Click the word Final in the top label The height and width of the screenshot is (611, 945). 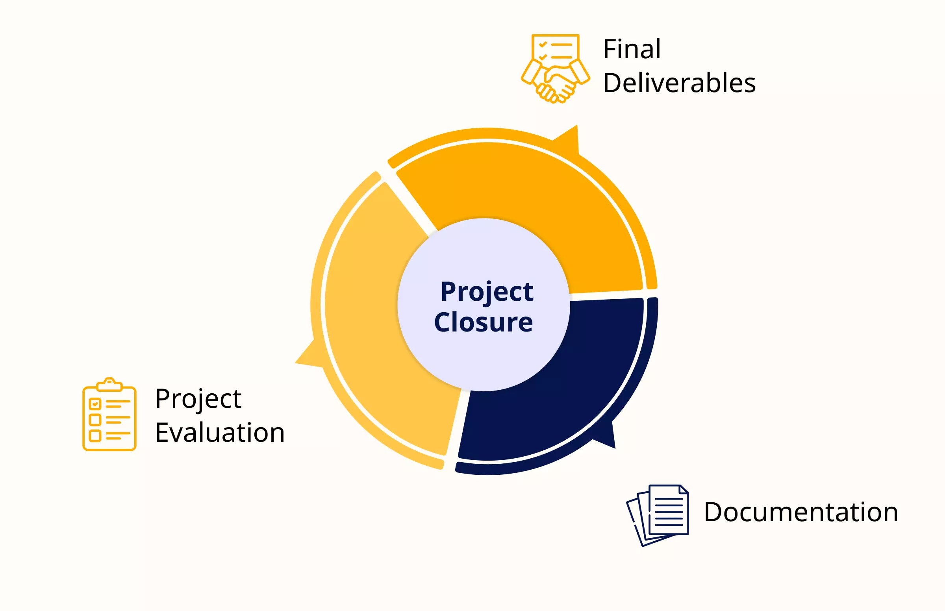tap(632, 49)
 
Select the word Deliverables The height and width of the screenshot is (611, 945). tap(679, 83)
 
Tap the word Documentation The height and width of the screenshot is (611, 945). tap(801, 512)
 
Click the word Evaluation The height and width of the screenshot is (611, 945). tap(220, 432)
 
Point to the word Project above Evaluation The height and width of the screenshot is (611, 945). tap(198, 399)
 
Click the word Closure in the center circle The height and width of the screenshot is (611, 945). tap(484, 322)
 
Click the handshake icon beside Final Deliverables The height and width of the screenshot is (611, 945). tap(556, 69)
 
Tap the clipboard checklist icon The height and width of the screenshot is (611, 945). tap(109, 414)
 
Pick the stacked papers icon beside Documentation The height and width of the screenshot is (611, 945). tap(658, 515)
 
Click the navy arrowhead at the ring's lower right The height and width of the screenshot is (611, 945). tap(605, 437)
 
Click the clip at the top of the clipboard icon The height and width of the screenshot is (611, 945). tap(109, 384)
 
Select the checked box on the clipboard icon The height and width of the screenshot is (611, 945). tap(95, 404)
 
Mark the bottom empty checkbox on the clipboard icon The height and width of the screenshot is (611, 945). tap(95, 436)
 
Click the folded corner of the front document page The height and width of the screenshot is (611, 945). tap(684, 489)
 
